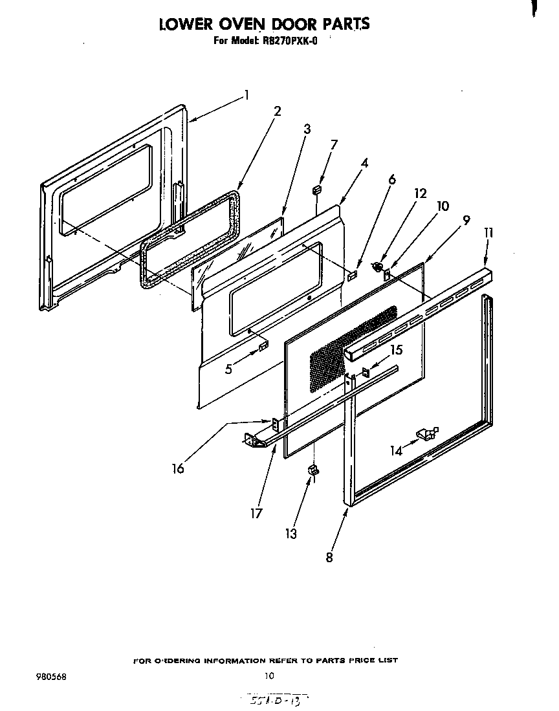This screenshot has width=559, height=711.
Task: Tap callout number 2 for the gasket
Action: (278, 111)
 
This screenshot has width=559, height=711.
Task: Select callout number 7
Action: (334, 144)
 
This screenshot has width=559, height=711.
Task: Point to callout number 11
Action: (488, 232)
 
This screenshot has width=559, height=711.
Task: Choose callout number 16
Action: (177, 468)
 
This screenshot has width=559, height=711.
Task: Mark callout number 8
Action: (329, 557)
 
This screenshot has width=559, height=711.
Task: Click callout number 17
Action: (257, 512)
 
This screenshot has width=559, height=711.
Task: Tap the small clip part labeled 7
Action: (317, 190)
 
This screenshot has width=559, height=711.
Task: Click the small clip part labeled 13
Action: (312, 468)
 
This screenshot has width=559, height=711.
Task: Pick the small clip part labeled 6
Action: (353, 276)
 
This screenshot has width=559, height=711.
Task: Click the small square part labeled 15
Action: (366, 372)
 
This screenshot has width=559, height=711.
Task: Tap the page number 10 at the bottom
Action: (269, 676)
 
